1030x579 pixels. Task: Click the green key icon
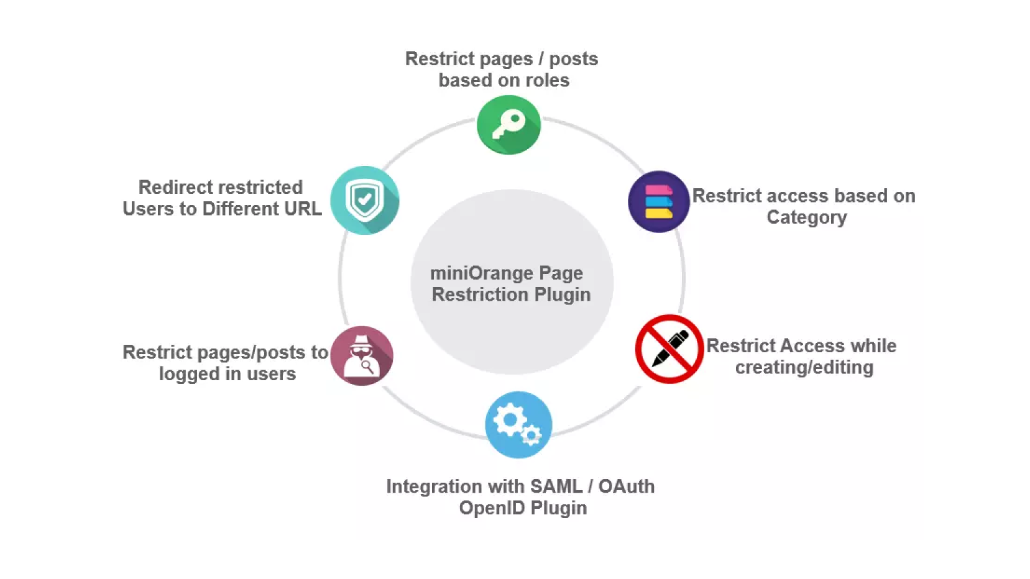(508, 125)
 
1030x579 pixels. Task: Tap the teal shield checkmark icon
(364, 200)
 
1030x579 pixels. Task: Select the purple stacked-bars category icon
(658, 202)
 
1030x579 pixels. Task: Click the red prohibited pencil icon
(669, 349)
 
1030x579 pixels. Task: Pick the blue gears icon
(518, 425)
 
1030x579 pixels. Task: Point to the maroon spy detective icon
(361, 356)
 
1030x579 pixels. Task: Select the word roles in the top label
(547, 80)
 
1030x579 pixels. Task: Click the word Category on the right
(806, 217)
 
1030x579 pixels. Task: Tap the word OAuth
(626, 486)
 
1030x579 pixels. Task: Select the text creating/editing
(804, 368)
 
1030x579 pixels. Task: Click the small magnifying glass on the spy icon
(367, 366)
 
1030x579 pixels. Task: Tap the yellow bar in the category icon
(658, 214)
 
